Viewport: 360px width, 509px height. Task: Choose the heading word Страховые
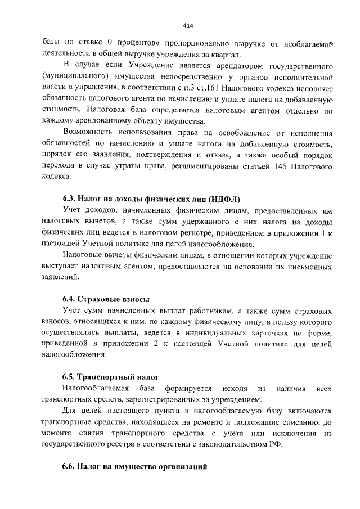click(96, 299)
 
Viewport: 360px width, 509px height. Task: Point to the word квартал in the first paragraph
click(228, 54)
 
